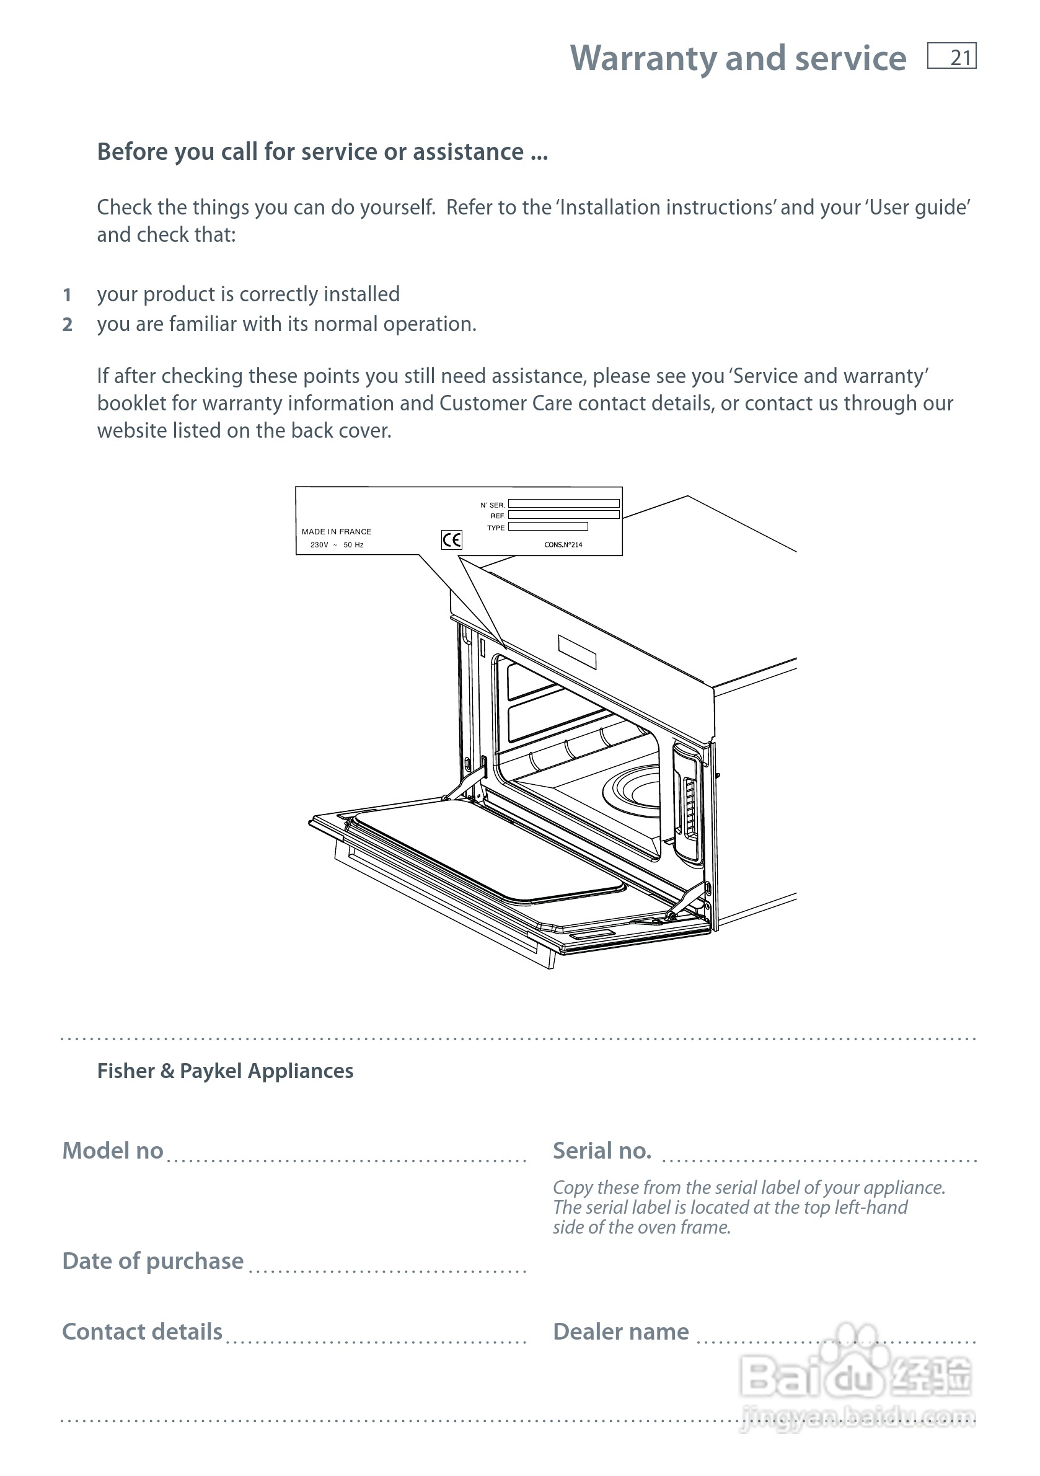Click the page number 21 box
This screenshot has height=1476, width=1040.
click(951, 56)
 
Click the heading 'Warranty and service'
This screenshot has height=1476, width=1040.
click(738, 58)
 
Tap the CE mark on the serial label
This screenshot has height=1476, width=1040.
click(451, 539)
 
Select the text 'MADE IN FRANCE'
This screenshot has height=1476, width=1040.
click(336, 532)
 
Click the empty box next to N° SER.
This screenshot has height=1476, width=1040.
click(564, 504)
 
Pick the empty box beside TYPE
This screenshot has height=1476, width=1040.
click(548, 526)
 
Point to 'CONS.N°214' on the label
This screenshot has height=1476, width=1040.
click(563, 544)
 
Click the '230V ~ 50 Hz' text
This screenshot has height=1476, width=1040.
click(337, 544)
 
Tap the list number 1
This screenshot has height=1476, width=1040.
click(67, 295)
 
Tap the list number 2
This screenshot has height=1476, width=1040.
click(67, 325)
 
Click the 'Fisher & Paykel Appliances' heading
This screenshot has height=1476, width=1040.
click(225, 1071)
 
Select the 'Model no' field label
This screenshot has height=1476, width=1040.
click(112, 1151)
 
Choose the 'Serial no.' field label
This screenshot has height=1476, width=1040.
click(602, 1151)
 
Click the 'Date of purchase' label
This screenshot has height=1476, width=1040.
click(153, 1262)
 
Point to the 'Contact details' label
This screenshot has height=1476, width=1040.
click(142, 1332)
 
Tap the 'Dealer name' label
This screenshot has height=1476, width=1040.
click(620, 1332)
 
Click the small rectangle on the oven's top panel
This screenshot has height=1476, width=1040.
click(576, 652)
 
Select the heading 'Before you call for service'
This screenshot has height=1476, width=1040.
click(322, 152)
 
